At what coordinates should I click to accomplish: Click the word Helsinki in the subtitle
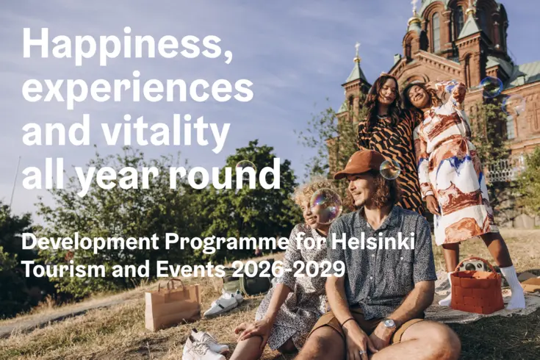tap(372, 242)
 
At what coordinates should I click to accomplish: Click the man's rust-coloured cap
tap(359, 164)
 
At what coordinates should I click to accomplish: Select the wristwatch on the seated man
tap(389, 324)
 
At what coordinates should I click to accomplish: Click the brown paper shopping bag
tap(173, 305)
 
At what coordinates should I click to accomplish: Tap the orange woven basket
tap(477, 287)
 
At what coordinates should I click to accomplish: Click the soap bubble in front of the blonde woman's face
tap(325, 206)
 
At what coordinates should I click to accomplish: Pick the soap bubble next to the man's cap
tap(390, 169)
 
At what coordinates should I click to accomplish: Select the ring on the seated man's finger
tap(362, 353)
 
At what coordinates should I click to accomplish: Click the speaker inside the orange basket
tap(472, 266)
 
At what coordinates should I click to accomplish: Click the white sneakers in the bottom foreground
tap(203, 345)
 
